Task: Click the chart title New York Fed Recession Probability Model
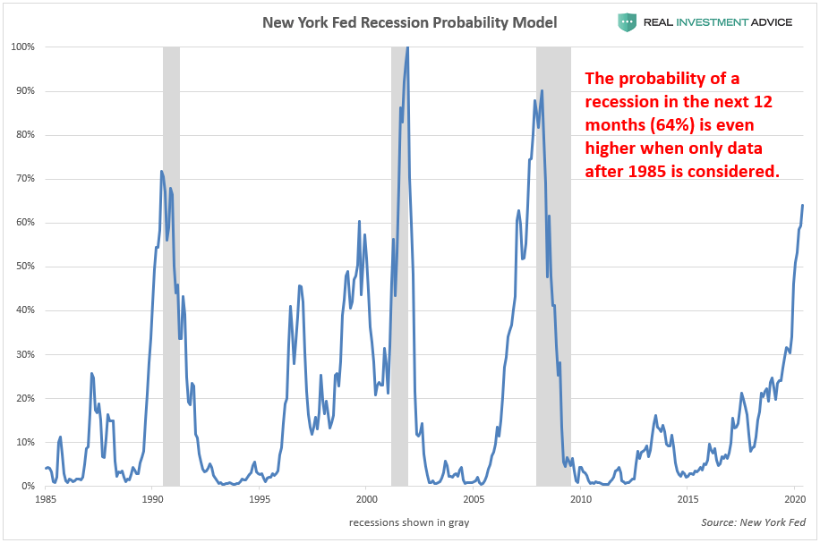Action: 409,21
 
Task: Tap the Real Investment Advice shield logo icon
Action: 627,21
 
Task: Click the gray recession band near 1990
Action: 171,268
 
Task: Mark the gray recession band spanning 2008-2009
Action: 553,268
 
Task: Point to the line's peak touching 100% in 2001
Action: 408,47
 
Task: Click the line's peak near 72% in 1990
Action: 161,171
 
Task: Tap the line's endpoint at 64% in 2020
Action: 802,206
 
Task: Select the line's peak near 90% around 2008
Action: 542,90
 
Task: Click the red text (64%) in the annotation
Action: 661,125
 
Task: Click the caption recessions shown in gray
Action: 409,522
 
